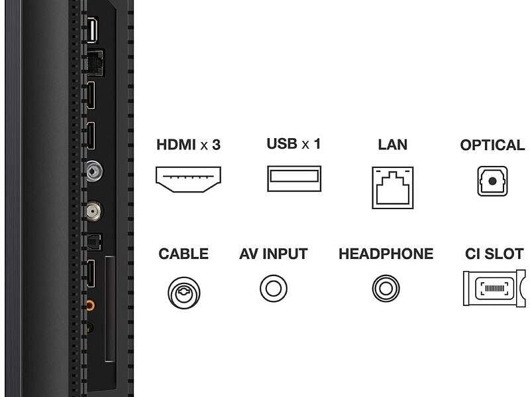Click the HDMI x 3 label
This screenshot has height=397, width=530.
(x=188, y=144)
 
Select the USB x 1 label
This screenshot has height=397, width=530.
(x=293, y=143)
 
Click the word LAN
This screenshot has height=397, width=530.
(x=393, y=144)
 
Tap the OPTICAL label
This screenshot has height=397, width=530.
(x=492, y=144)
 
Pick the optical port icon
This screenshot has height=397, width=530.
(x=492, y=181)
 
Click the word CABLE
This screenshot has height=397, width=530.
(x=184, y=254)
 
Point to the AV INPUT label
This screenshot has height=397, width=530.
(x=274, y=254)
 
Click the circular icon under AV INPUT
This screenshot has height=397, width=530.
(x=273, y=287)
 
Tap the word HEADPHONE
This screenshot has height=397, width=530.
(x=386, y=254)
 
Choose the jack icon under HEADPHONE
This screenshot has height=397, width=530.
(x=385, y=287)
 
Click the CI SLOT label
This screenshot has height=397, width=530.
(x=494, y=254)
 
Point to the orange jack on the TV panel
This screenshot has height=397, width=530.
(x=91, y=304)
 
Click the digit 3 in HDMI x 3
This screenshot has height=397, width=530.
(x=215, y=144)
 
